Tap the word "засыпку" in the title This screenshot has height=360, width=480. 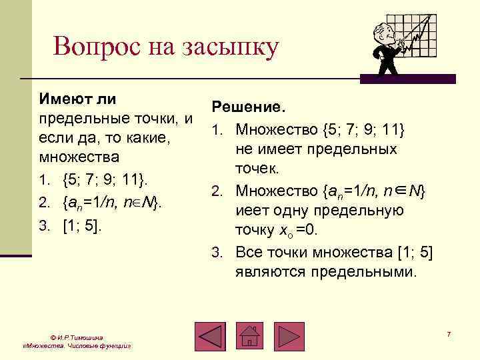pos(229,48)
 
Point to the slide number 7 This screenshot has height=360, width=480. pos(449,333)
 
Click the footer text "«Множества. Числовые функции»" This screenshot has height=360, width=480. pos(75,347)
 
